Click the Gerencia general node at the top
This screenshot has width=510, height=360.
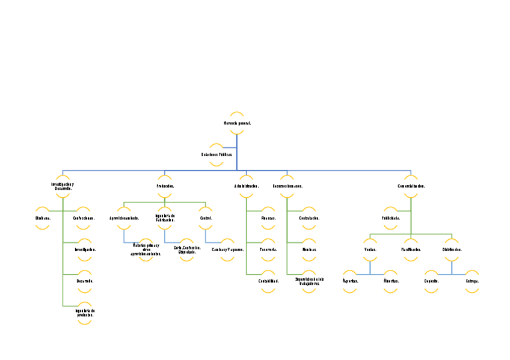click(237, 123)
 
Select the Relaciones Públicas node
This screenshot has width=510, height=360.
click(217, 154)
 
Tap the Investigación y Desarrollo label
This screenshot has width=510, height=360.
click(63, 186)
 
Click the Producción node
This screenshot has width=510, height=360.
click(165, 186)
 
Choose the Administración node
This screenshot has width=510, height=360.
click(246, 186)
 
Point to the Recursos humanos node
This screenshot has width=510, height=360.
click(287, 186)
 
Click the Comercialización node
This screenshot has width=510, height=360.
click(411, 186)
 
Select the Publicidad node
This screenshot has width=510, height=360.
click(390, 218)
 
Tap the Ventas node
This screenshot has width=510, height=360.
click(370, 249)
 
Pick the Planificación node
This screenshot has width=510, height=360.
click(411, 249)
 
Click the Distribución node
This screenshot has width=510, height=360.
click(452, 249)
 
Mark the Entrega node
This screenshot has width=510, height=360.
click(472, 281)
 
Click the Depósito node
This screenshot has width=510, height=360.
click(431, 281)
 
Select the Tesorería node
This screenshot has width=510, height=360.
click(268, 249)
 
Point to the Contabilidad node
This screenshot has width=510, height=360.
click(268, 281)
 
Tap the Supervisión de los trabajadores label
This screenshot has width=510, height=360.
click(309, 281)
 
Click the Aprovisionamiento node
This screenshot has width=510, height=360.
click(124, 218)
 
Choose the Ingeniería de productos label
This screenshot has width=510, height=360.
click(85, 313)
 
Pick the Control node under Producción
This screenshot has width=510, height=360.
click(206, 218)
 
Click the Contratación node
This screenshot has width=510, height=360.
click(309, 218)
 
